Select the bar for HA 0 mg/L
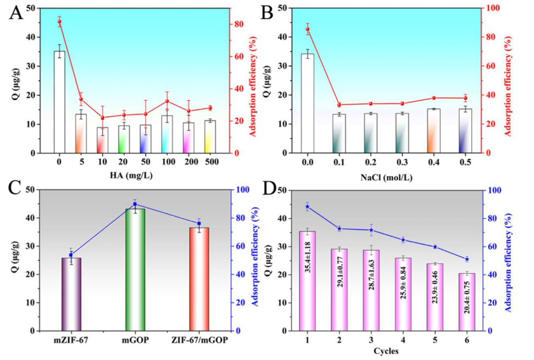(59, 102)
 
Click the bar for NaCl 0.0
(308, 103)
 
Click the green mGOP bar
(135, 269)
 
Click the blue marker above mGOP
(135, 204)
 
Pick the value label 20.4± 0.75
(467, 300)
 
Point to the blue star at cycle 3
(371, 230)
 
